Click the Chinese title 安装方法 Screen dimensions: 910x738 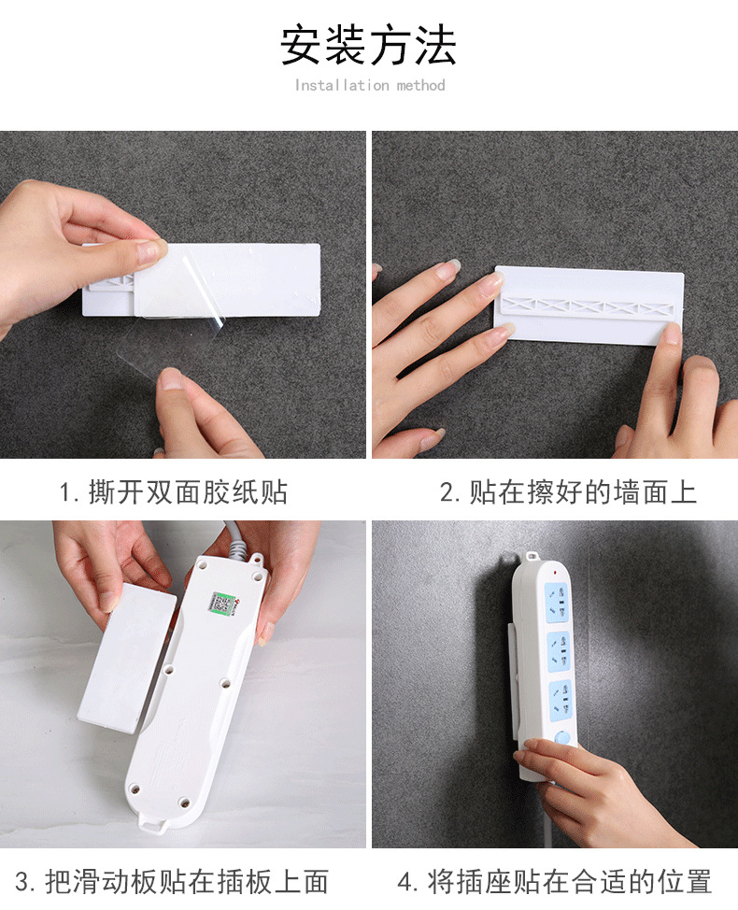click(369, 46)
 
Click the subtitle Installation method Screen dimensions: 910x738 click(370, 86)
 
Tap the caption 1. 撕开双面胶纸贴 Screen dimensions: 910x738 click(174, 492)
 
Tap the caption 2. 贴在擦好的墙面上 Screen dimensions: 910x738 click(568, 492)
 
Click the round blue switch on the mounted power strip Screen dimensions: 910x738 click(562, 737)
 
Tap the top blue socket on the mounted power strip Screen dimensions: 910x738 click(557, 599)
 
